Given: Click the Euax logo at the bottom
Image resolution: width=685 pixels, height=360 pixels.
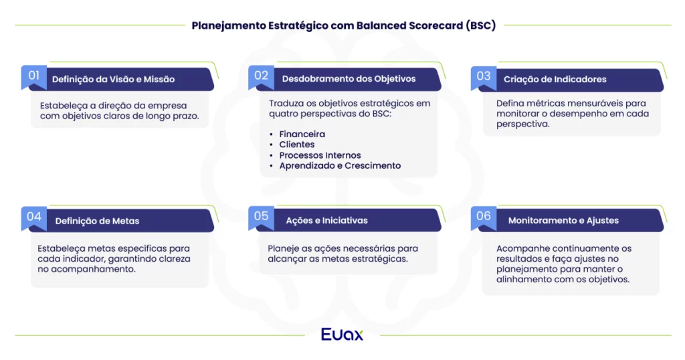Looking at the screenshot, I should pyautogui.click(x=342, y=334).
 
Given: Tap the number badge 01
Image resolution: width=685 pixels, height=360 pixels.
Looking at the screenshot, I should pyautogui.click(x=34, y=76).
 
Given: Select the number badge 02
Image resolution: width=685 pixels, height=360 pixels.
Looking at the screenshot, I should pyautogui.click(x=261, y=76).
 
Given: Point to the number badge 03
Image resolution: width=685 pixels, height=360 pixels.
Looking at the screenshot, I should pyautogui.click(x=484, y=76).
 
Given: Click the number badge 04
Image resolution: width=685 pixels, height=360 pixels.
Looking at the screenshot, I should pyautogui.click(x=34, y=217).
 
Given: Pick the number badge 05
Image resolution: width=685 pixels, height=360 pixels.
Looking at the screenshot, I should pyautogui.click(x=261, y=216).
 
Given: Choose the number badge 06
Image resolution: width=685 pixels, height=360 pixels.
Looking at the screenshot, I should pyautogui.click(x=484, y=216).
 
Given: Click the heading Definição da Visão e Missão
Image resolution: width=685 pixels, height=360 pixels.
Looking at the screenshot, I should pyautogui.click(x=113, y=79).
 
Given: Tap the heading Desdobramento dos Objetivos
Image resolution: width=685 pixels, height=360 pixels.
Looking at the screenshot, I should pyautogui.click(x=349, y=79).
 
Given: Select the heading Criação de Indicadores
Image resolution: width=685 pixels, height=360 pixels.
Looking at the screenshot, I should pyautogui.click(x=555, y=79).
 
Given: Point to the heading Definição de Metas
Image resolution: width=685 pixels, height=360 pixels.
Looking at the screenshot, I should pyautogui.click(x=97, y=221).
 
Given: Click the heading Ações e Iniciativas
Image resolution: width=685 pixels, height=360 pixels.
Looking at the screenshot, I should pyautogui.click(x=326, y=220).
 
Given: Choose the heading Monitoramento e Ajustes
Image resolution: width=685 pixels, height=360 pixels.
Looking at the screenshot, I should pyautogui.click(x=563, y=220).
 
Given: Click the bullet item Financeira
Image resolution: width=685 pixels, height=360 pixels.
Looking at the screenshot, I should pyautogui.click(x=302, y=134).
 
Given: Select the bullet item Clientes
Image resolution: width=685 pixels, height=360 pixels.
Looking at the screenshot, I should pyautogui.click(x=296, y=145).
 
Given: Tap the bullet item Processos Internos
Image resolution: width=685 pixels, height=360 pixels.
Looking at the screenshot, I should pyautogui.click(x=320, y=155).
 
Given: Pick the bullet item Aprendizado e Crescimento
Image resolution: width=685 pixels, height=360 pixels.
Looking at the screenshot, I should pyautogui.click(x=340, y=165).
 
